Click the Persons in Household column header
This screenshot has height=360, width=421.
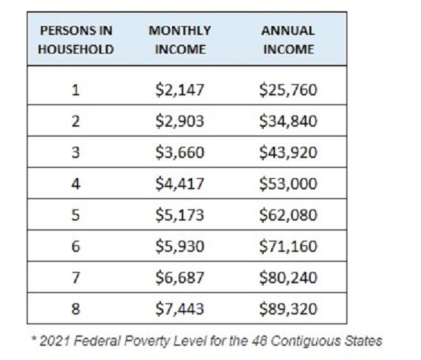(x=76, y=40)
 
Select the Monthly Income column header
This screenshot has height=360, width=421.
(x=180, y=40)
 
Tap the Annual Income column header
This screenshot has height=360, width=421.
(x=288, y=40)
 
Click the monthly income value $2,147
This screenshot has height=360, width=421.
(x=180, y=89)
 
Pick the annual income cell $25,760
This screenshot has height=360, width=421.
(x=288, y=89)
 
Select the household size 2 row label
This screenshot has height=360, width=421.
(x=76, y=121)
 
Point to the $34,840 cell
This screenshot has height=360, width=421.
(x=288, y=121)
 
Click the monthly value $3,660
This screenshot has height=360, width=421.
(x=180, y=152)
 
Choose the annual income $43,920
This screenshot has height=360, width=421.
(x=288, y=152)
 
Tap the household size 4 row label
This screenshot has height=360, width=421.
(x=76, y=184)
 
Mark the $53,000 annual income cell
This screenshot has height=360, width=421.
(x=288, y=184)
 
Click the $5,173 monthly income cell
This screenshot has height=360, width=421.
(x=180, y=215)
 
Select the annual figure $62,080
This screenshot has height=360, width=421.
(x=288, y=215)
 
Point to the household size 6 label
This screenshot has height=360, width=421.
(x=76, y=246)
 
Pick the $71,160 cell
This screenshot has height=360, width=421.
(x=288, y=246)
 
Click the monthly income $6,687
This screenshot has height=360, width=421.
(x=180, y=277)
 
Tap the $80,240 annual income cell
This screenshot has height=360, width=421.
(x=288, y=277)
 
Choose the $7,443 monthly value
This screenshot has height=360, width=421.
(x=180, y=309)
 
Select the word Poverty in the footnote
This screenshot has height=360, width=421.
(x=148, y=341)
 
